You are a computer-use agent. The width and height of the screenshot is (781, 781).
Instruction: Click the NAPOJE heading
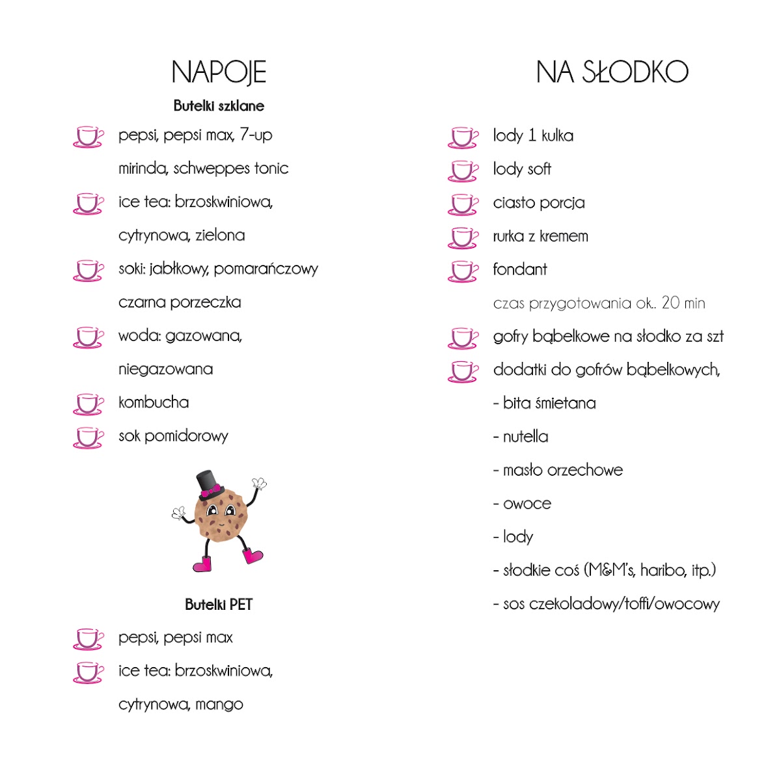219,72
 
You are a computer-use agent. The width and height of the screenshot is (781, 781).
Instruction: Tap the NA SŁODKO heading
612,72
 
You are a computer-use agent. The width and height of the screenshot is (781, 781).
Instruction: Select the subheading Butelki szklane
219,106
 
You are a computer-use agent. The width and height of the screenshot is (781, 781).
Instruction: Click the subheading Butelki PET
219,605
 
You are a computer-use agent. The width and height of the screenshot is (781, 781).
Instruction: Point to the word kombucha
154,402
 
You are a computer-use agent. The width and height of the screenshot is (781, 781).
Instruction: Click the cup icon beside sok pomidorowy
88,437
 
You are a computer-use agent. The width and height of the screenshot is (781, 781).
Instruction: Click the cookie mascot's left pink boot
203,564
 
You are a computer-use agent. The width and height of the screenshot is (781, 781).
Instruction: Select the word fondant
520,269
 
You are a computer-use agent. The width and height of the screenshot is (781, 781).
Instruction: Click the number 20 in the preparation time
670,303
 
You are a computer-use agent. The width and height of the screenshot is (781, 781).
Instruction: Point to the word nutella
525,437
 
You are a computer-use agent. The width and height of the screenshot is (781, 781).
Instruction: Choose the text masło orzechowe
563,470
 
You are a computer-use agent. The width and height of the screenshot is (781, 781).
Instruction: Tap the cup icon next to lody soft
463,171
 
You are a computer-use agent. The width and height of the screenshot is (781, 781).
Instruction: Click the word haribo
663,571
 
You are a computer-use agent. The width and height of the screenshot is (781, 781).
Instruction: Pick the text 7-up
256,135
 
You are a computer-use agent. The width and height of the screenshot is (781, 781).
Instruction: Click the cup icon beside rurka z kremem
463,238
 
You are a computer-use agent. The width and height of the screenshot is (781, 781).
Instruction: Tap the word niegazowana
165,369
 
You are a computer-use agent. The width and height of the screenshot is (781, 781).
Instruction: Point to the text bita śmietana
549,404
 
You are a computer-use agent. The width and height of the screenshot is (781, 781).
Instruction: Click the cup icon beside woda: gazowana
88,337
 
